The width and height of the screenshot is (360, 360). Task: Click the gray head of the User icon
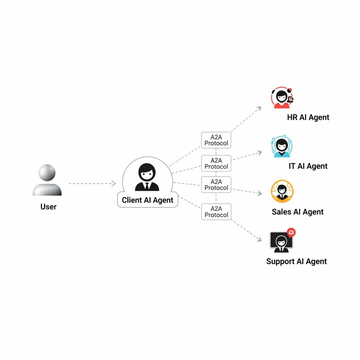click(x=47, y=173)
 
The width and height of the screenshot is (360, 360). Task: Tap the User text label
click(x=49, y=207)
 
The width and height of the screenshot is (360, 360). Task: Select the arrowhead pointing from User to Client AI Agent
click(x=114, y=184)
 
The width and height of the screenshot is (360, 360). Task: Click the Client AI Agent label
click(x=147, y=200)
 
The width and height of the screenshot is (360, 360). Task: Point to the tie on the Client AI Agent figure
click(x=147, y=186)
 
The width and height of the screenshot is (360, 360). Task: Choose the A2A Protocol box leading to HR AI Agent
click(x=216, y=140)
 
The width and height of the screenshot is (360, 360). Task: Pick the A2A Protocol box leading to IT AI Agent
click(x=216, y=163)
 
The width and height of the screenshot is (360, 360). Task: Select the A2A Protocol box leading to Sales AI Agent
click(x=216, y=185)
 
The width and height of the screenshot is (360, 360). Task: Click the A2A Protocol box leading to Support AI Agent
click(x=216, y=212)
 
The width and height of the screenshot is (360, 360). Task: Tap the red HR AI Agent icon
click(x=282, y=98)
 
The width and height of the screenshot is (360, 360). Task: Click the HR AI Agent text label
click(x=308, y=117)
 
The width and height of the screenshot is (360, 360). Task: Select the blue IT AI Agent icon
click(x=282, y=146)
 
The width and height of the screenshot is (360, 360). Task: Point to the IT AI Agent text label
click(x=308, y=166)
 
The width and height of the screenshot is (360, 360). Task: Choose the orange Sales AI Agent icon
click(x=282, y=191)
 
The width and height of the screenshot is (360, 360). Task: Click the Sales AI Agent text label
click(x=297, y=212)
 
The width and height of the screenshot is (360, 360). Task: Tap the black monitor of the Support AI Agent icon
click(x=281, y=240)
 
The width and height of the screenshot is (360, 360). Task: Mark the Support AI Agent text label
click(x=296, y=262)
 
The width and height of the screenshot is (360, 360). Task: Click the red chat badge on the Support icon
click(x=291, y=232)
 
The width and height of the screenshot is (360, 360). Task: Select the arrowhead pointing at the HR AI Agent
click(x=259, y=108)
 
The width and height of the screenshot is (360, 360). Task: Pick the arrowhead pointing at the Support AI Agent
click(x=259, y=239)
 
